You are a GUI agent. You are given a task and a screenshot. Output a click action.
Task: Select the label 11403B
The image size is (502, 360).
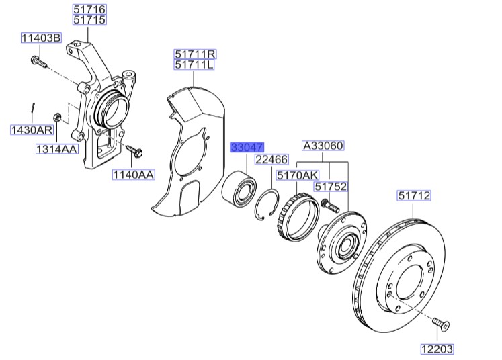(40, 38)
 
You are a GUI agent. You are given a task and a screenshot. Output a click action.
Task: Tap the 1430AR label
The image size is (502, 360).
(30, 129)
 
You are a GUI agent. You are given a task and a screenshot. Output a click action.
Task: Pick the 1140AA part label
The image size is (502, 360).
(134, 175)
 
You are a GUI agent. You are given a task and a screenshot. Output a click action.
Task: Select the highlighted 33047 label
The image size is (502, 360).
(248, 147)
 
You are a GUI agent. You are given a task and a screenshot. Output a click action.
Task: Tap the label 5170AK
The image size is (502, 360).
(298, 175)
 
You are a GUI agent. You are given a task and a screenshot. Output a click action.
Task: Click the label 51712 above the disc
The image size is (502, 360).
(413, 196)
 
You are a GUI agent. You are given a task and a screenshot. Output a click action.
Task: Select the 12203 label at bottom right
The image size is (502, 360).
(438, 349)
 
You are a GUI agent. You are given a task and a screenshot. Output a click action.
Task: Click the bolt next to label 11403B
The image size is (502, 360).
(40, 64)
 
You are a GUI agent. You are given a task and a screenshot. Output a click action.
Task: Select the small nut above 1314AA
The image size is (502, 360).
(58, 117)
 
